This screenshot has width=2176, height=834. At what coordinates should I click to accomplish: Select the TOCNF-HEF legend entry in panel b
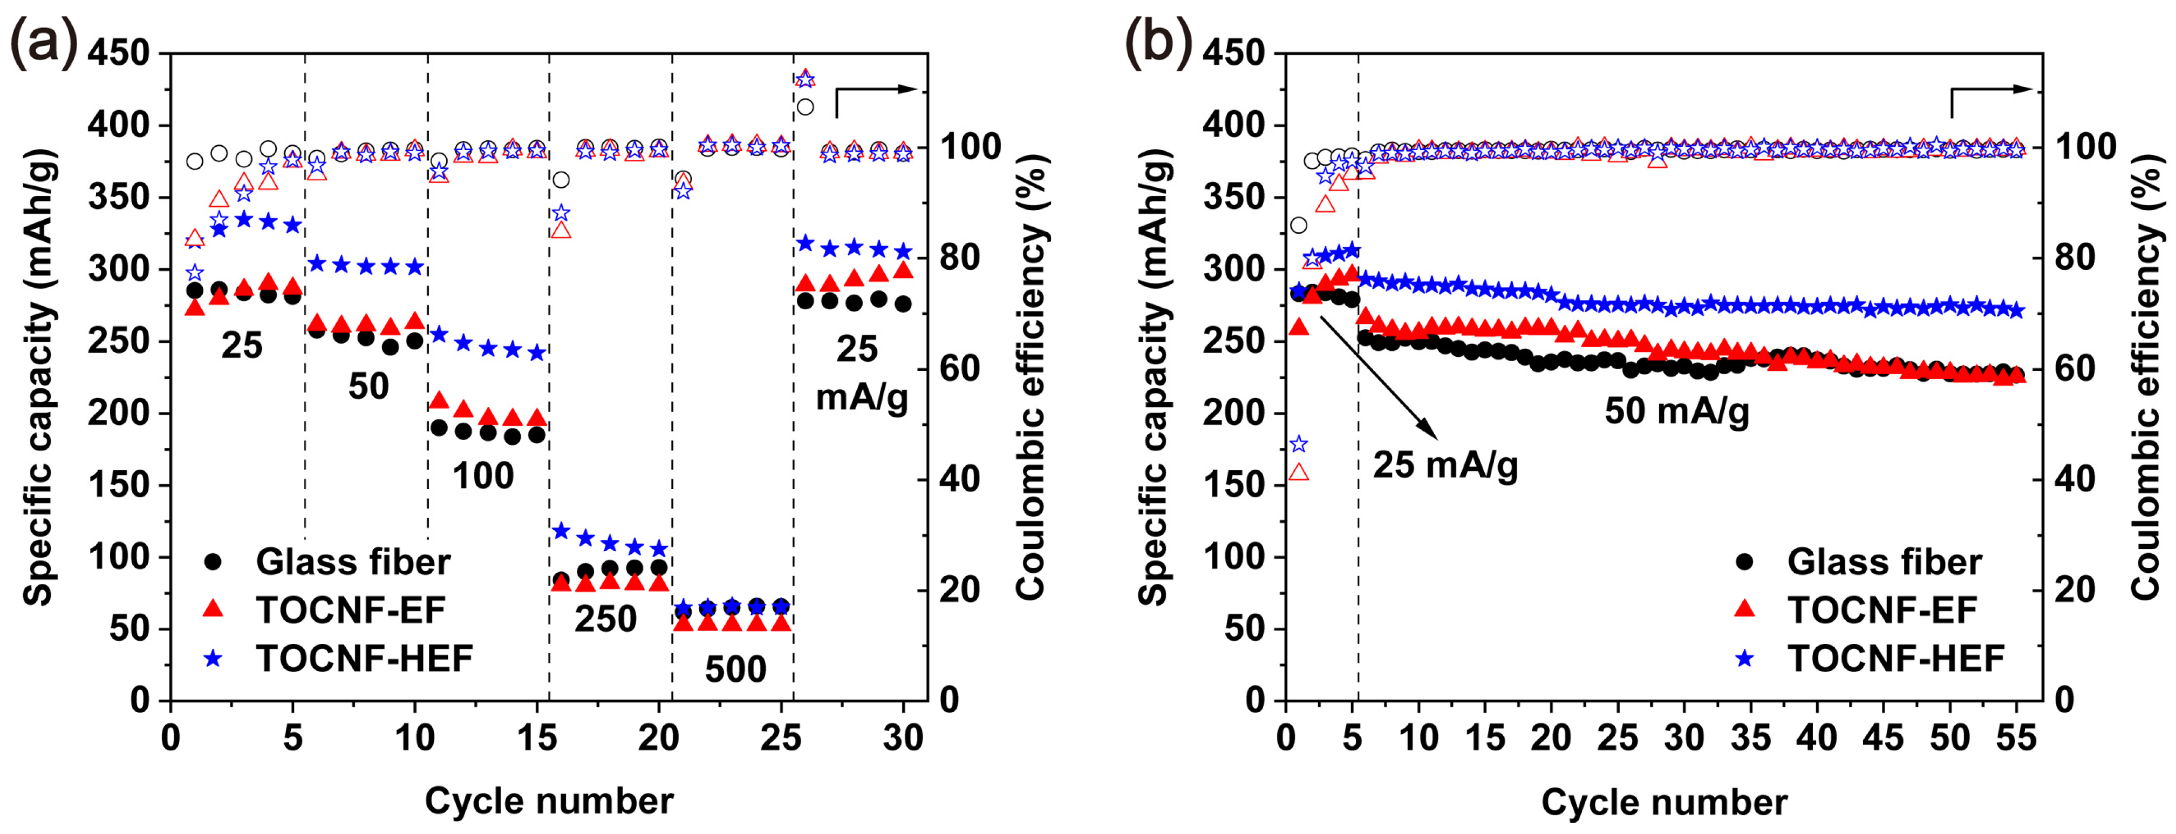coord(1895,658)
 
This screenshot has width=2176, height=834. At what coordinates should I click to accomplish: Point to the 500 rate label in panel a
coord(735,669)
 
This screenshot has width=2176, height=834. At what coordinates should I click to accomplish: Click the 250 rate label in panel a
coord(606,619)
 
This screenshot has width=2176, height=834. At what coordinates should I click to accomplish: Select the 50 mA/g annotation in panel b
coord(1677,411)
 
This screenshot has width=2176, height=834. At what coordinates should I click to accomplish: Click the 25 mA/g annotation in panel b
coord(1445,465)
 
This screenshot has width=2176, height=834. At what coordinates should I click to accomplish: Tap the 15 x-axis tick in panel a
coord(536,738)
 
